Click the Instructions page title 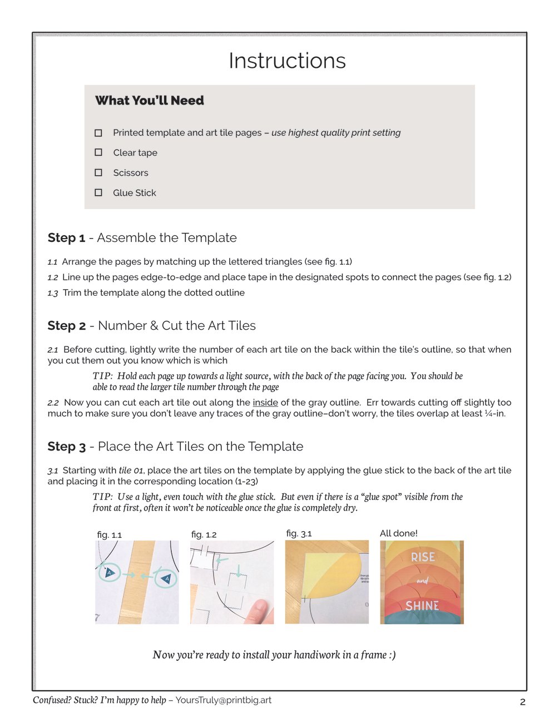(287, 61)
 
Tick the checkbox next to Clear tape (98, 152)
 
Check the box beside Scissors (98, 172)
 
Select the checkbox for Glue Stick (98, 192)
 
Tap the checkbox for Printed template (98, 133)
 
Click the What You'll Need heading (150, 101)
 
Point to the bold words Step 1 (66, 238)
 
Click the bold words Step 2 (67, 326)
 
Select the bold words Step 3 (67, 447)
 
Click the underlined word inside (265, 403)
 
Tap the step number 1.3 (53, 293)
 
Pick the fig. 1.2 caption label (204, 534)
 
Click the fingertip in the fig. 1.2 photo (260, 612)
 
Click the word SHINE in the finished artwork (422, 606)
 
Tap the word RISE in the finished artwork (423, 557)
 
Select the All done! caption (398, 533)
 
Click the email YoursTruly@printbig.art (224, 700)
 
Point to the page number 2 (522, 702)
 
